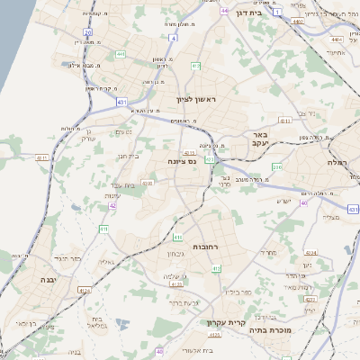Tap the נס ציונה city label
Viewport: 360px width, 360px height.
(182, 161)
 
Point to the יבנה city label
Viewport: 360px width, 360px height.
(48, 280)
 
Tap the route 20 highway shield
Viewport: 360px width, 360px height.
(88, 31)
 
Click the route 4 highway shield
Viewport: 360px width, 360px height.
(173, 39)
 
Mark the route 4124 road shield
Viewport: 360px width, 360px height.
(85, 290)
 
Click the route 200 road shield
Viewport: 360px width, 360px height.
(276, 167)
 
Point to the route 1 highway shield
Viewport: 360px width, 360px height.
(278, 11)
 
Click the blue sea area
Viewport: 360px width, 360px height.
(13, 36)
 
